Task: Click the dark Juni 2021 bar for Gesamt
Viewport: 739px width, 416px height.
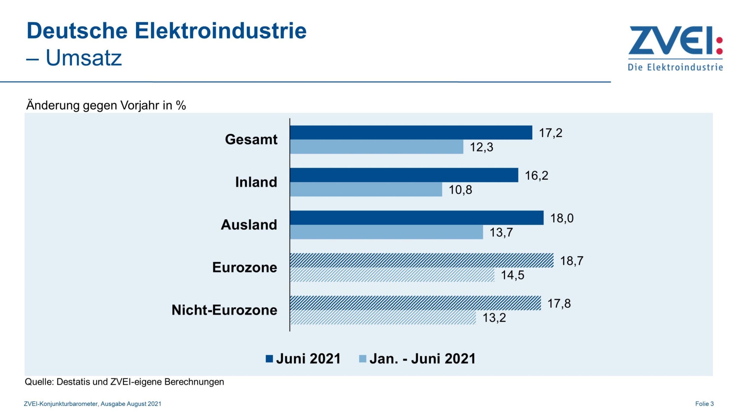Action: click(411, 132)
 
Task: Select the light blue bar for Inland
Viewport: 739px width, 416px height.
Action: click(366, 189)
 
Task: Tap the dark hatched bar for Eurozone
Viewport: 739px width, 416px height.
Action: click(422, 260)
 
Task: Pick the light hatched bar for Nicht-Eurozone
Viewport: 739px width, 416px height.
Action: click(383, 317)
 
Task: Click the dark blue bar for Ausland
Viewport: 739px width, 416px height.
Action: click(417, 218)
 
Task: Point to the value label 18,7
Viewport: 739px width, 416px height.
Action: click(572, 261)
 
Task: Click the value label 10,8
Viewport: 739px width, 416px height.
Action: click(460, 190)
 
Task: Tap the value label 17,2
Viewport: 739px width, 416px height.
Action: click(550, 133)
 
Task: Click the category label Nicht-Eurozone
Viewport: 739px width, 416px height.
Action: click(224, 310)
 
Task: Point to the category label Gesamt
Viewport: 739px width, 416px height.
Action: click(251, 139)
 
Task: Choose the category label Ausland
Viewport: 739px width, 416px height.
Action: click(249, 225)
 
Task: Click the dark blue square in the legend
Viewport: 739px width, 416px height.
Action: click(269, 359)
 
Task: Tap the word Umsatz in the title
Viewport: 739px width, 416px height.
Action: click(84, 58)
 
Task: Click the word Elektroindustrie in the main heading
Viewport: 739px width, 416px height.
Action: click(221, 30)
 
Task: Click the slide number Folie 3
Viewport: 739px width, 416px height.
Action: click(704, 404)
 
